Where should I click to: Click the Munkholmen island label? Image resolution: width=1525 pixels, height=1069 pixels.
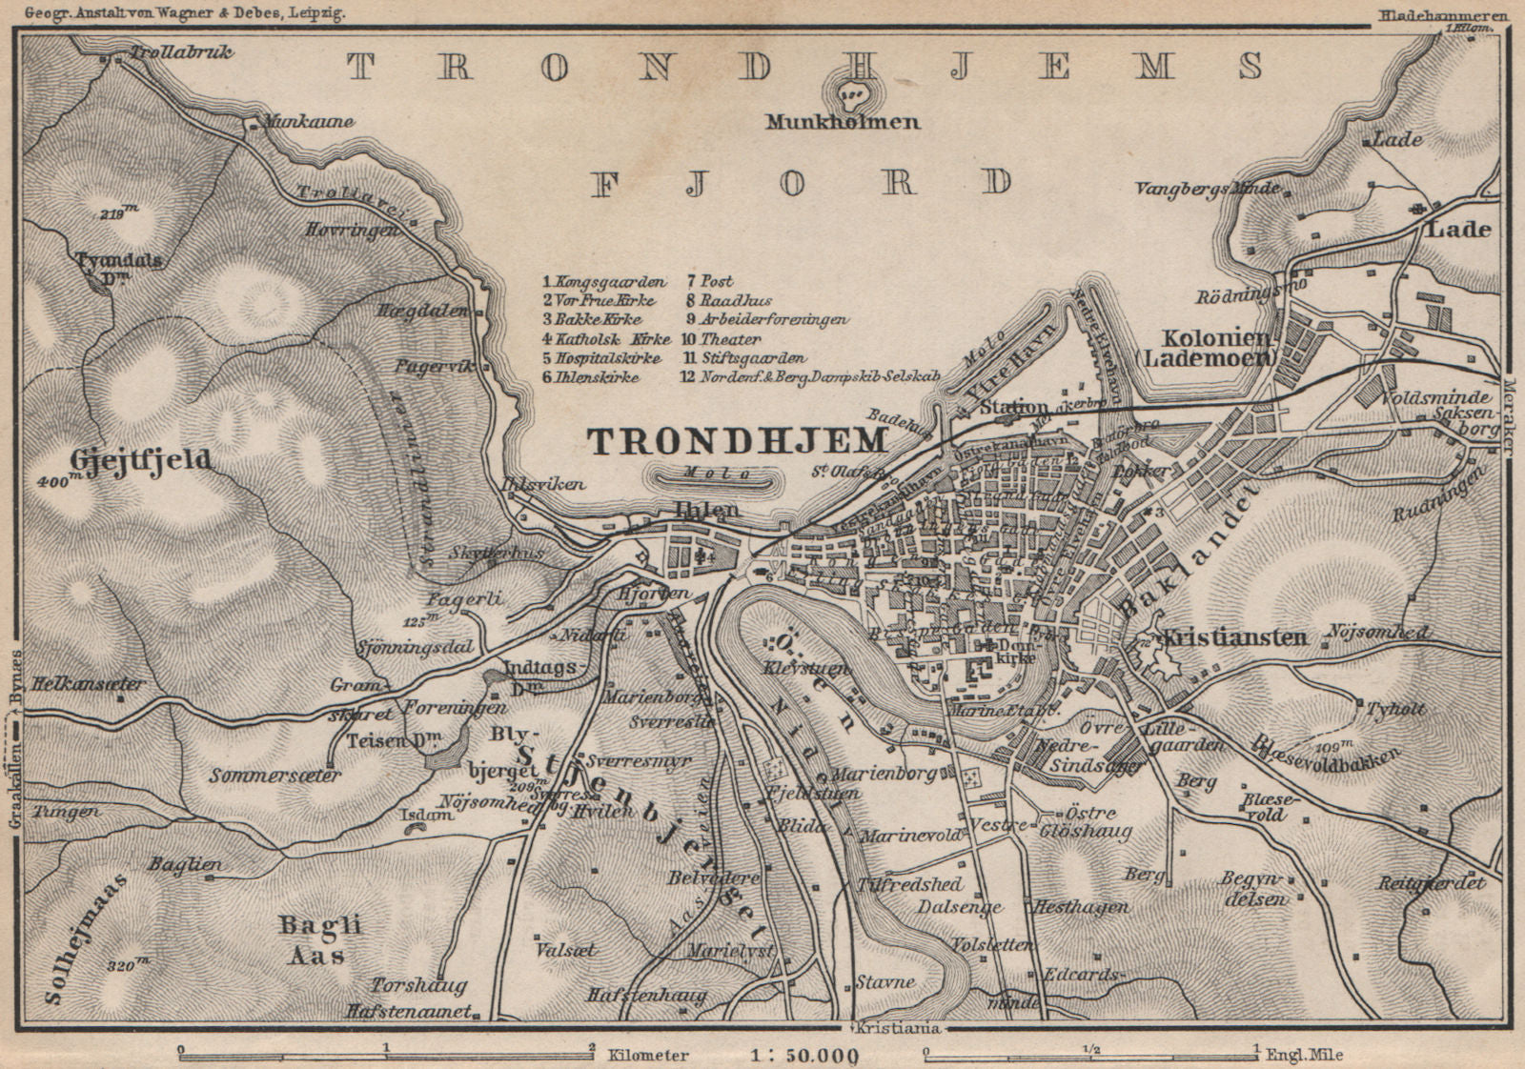click(847, 122)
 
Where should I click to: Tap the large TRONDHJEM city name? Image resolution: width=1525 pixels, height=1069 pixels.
click(738, 440)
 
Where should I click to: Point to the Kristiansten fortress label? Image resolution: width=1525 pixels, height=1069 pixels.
click(1233, 637)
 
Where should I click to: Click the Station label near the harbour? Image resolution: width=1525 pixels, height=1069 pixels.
click(1013, 408)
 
